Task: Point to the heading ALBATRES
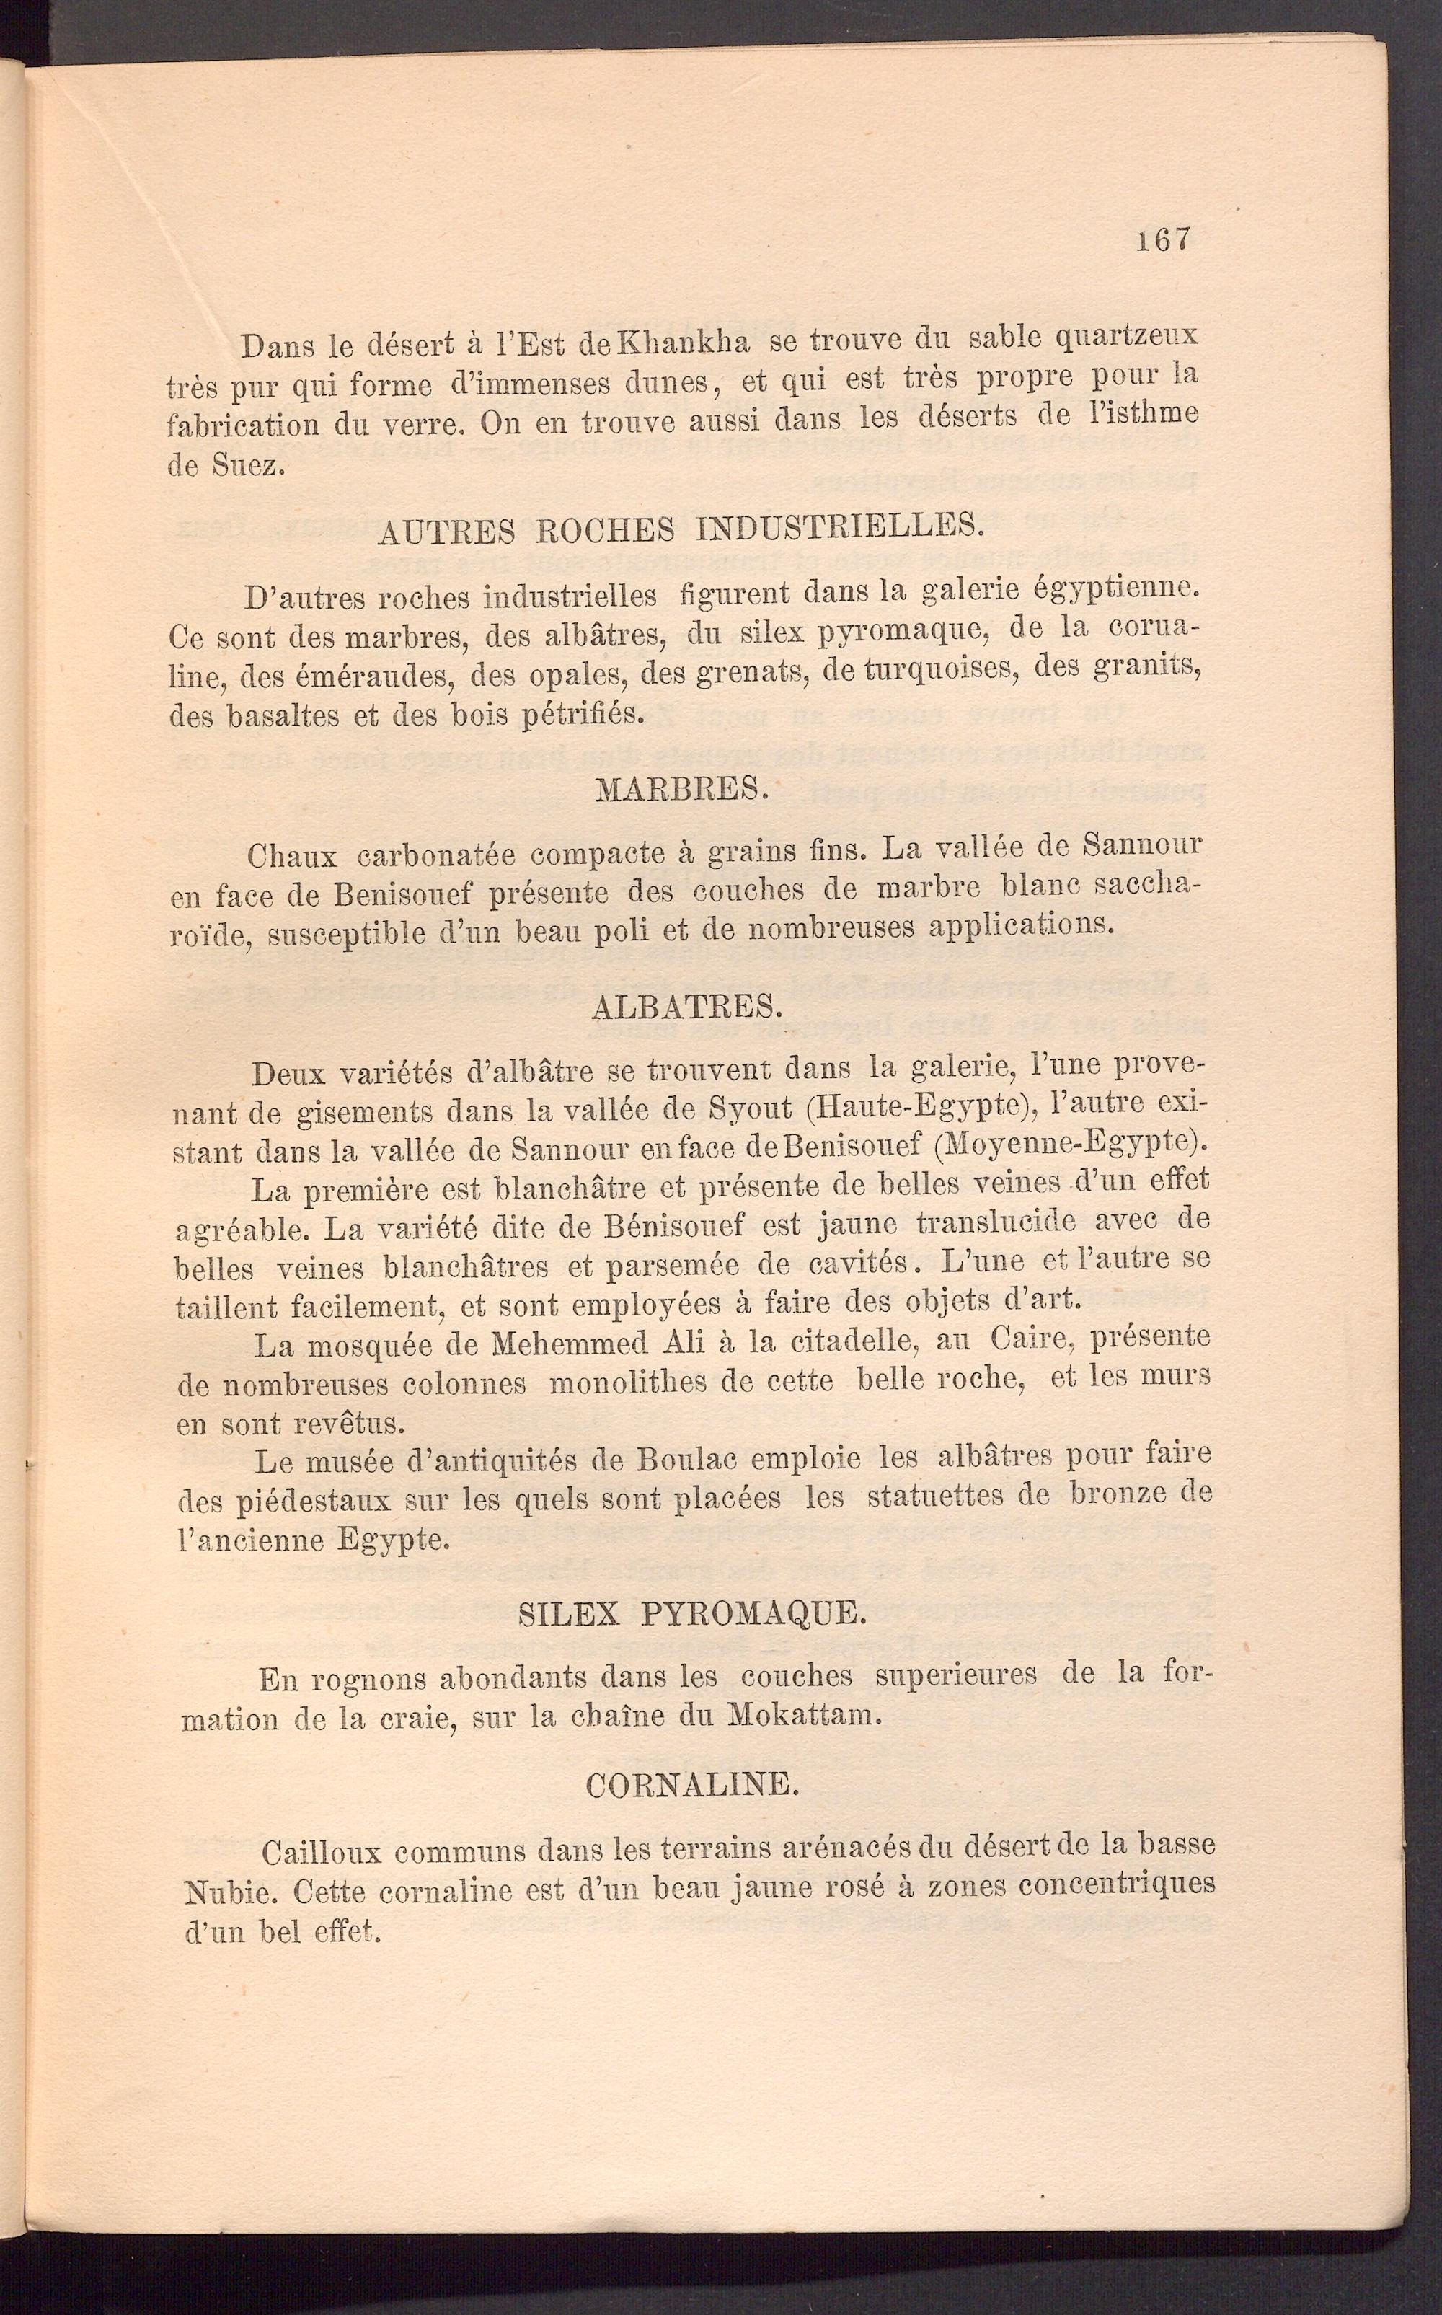click(686, 1005)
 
